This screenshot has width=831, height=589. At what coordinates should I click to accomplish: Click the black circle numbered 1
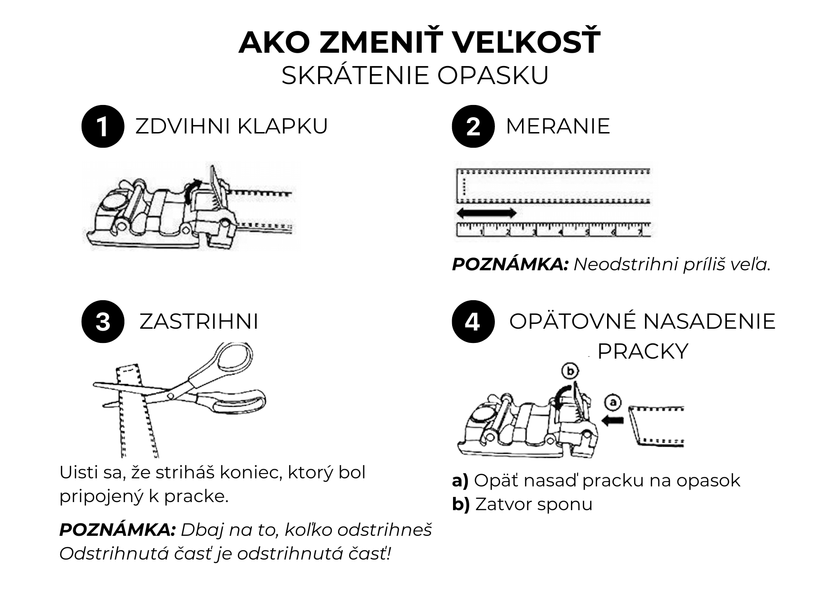coord(103,126)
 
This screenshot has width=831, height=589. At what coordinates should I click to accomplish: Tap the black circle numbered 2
coord(473,126)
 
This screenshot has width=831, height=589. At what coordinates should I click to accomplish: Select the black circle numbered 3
coord(103,322)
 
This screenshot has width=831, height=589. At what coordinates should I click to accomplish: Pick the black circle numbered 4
coord(473,322)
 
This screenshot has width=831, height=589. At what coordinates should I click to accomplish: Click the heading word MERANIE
coord(558,126)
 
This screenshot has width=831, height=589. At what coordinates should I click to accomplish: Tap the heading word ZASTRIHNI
coord(199,322)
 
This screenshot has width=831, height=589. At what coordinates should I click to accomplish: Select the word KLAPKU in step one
coord(282,126)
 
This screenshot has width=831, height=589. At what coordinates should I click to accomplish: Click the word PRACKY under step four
coord(642,351)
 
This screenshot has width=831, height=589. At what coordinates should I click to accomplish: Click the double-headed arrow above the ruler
coord(486,213)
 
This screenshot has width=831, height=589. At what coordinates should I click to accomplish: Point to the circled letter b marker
coord(569,371)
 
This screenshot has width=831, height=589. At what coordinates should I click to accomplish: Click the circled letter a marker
coord(613,403)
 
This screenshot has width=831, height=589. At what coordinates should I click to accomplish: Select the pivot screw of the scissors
coord(171,395)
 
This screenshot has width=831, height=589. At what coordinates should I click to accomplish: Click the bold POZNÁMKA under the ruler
coord(510,265)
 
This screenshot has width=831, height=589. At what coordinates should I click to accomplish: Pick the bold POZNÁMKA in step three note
coord(117,530)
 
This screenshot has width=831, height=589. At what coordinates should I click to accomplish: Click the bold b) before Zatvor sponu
coord(461,504)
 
